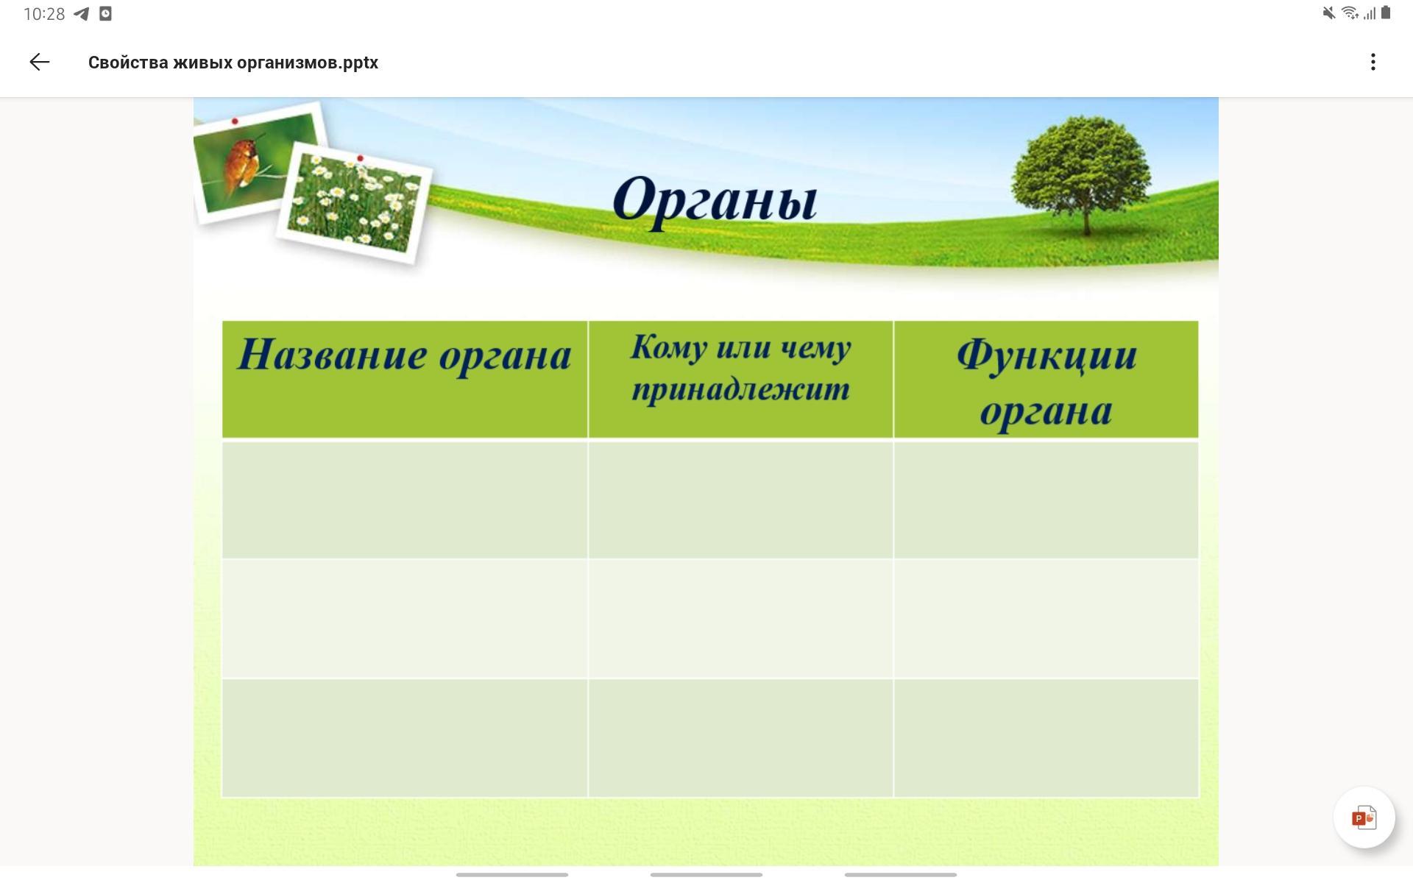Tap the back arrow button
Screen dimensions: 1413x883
click(40, 63)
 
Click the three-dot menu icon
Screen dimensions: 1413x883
click(1373, 63)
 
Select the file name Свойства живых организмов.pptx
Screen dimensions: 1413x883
click(233, 63)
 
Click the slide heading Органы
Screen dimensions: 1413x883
click(715, 199)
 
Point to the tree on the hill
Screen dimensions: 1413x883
click(1080, 174)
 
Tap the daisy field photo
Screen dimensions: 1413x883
click(354, 202)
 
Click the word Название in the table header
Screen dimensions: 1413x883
click(333, 355)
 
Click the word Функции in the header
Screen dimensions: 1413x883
click(1047, 356)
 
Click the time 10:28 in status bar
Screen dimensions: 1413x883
click(44, 14)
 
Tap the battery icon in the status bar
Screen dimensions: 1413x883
click(1386, 13)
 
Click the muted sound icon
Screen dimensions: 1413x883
click(1329, 13)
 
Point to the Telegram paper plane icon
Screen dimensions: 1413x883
click(82, 14)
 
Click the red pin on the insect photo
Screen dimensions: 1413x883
click(235, 121)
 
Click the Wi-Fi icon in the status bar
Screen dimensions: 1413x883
click(1350, 13)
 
